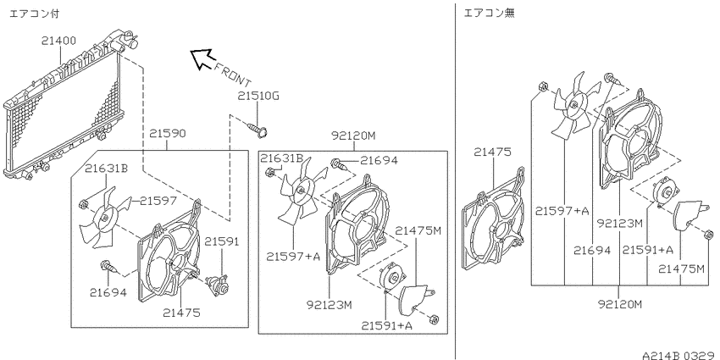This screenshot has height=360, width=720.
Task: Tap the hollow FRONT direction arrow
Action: tap(202, 58)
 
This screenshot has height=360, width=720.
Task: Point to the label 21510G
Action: tap(258, 97)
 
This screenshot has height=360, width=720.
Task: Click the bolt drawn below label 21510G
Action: tap(258, 128)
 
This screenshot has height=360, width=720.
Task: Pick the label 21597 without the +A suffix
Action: tap(158, 201)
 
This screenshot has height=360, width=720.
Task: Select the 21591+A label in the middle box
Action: tap(386, 325)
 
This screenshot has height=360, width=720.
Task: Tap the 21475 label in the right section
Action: tap(492, 152)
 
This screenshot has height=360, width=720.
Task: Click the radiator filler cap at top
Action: tap(125, 39)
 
